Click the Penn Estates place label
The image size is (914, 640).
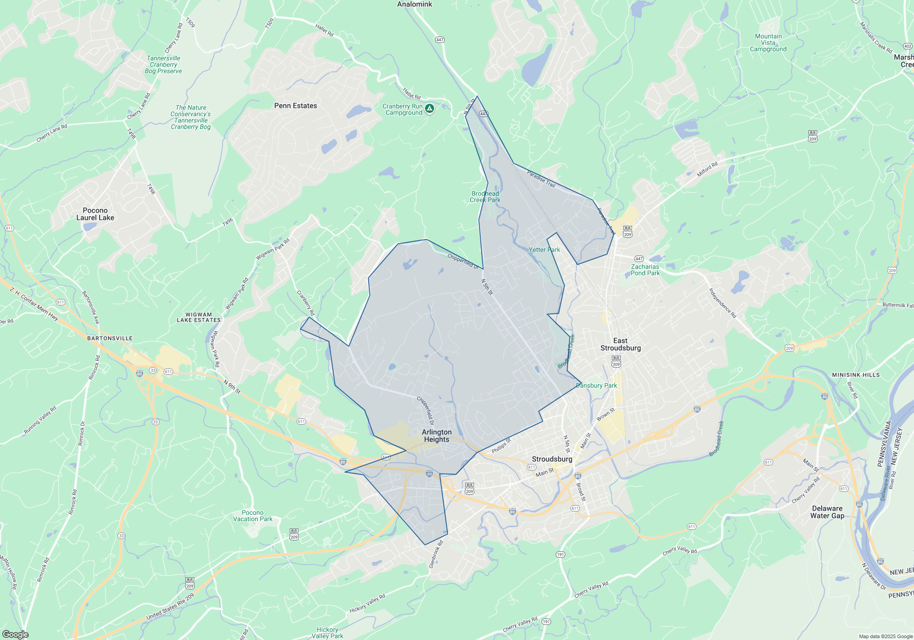[x=295, y=106]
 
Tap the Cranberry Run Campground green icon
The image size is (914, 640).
[x=429, y=109]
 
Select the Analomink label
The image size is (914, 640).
[x=414, y=4]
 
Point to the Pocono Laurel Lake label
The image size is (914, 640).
[x=95, y=214]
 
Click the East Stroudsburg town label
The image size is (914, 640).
[x=620, y=344]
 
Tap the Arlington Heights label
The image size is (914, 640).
[x=436, y=436]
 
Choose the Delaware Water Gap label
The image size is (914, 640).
[x=827, y=512]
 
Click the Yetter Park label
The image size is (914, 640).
[x=544, y=250]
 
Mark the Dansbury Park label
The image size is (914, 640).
[x=596, y=385]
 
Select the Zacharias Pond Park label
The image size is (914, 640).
[x=645, y=270]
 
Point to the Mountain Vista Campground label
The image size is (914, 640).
[x=768, y=43]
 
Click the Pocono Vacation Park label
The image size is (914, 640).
[x=253, y=516]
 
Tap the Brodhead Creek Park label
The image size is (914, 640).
[x=485, y=197]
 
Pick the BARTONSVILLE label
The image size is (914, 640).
[x=110, y=338]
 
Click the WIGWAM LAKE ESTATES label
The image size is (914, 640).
[x=198, y=317]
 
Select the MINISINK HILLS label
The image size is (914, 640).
[x=856, y=375]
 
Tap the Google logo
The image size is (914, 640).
[x=15, y=634]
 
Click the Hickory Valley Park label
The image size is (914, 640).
[x=327, y=633]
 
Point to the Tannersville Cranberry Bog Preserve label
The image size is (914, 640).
[x=163, y=64]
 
